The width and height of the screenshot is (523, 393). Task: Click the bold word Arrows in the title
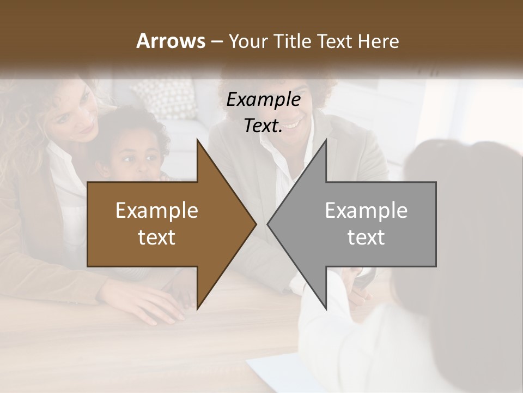pos(171,41)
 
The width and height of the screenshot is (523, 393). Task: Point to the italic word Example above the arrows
pos(263,100)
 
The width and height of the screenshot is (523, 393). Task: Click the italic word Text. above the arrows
pos(263,126)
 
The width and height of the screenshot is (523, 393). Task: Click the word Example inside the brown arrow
pos(157,211)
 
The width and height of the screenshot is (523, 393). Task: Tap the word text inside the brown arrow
pos(157,237)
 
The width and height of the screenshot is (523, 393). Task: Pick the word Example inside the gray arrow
pos(366,211)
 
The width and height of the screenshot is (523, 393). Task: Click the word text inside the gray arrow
pos(366,237)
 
